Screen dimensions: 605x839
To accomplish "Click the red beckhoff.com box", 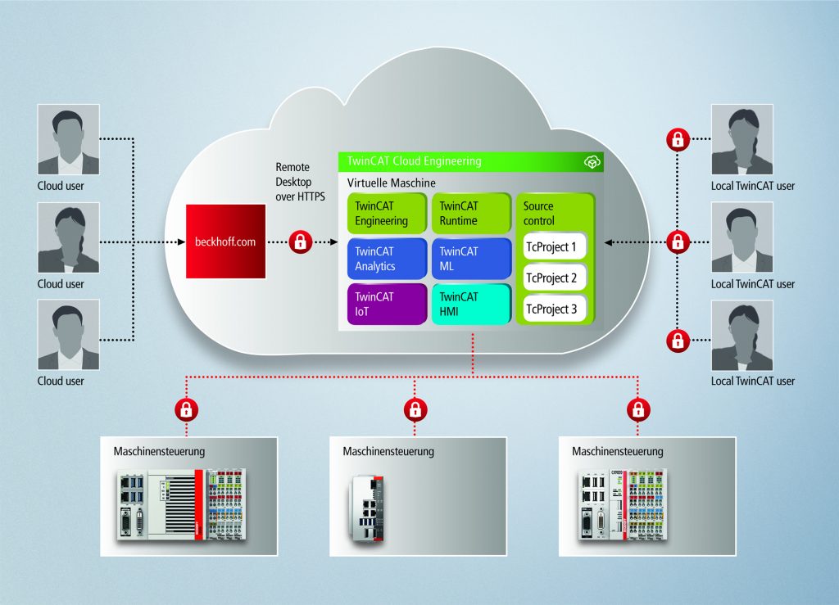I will [x=226, y=242].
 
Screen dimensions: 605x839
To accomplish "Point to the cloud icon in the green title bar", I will [x=592, y=162].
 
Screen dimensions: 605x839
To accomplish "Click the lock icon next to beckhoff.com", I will [x=301, y=242].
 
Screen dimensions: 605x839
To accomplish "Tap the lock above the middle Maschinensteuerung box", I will [x=415, y=407].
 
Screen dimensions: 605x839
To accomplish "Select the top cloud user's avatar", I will [x=69, y=139].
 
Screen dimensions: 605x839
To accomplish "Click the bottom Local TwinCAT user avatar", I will [x=741, y=336].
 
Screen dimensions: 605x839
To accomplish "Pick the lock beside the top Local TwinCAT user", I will [x=678, y=140].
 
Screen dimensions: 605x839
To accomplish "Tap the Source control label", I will [x=538, y=213].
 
